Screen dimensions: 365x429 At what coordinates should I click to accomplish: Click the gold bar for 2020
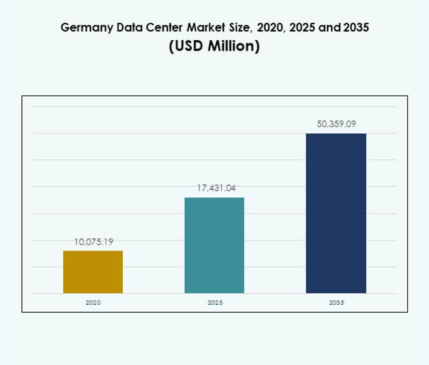pyautogui.click(x=93, y=272)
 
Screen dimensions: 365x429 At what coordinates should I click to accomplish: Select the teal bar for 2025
pyautogui.click(x=214, y=245)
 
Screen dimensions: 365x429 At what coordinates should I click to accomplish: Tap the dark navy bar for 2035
pyautogui.click(x=335, y=213)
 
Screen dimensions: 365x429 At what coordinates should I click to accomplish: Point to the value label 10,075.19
pyautogui.click(x=94, y=242)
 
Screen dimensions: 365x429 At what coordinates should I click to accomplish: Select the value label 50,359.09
pyautogui.click(x=336, y=124)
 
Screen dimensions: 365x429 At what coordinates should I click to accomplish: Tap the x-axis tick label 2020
pyautogui.click(x=93, y=302)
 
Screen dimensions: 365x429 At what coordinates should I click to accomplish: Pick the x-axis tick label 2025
pyautogui.click(x=214, y=302)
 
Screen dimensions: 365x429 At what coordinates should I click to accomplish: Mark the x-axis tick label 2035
pyautogui.click(x=335, y=302)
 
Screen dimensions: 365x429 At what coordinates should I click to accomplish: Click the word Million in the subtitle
pyautogui.click(x=233, y=46)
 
